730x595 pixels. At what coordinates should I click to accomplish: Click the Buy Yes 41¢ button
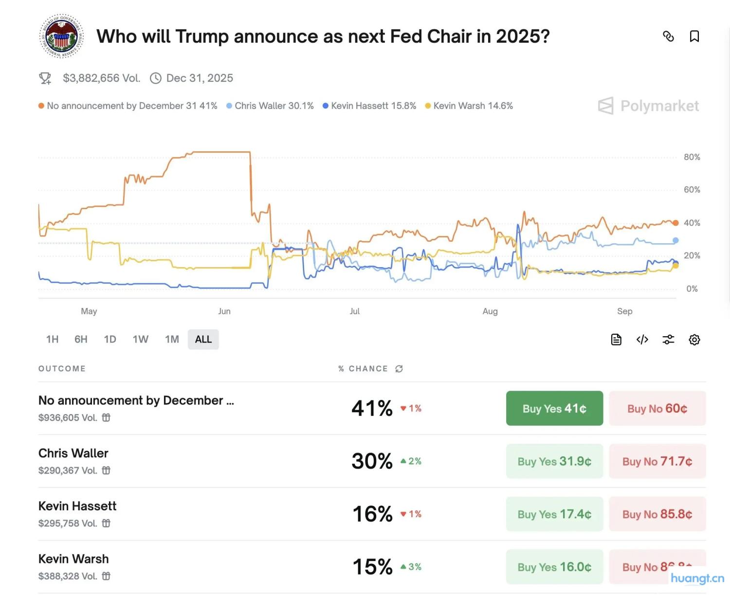(554, 408)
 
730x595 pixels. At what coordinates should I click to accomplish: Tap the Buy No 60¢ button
(657, 408)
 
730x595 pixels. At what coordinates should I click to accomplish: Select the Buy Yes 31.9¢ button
(554, 461)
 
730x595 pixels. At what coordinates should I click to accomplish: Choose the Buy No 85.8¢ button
(657, 514)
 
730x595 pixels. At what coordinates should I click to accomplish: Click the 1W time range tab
(140, 339)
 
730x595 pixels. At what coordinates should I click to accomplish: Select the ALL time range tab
(203, 339)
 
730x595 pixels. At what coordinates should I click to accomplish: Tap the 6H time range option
(81, 339)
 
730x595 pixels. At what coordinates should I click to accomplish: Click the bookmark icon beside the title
(694, 36)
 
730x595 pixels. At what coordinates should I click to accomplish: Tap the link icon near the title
(668, 36)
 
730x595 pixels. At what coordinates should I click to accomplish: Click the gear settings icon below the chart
(694, 340)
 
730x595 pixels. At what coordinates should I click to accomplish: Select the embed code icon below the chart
(642, 340)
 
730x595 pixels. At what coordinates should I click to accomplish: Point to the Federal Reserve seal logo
(61, 36)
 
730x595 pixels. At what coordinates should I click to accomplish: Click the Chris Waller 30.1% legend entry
(270, 106)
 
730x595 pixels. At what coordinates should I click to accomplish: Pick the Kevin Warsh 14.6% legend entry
(469, 106)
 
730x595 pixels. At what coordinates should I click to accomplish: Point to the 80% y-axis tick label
(692, 157)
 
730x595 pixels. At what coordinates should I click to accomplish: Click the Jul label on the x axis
(355, 311)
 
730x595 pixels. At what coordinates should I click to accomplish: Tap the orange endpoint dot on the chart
(675, 223)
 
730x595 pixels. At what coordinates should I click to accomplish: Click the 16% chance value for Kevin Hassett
(372, 514)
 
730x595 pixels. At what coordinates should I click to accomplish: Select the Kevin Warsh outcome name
(73, 559)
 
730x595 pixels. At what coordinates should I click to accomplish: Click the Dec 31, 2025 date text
(200, 78)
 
